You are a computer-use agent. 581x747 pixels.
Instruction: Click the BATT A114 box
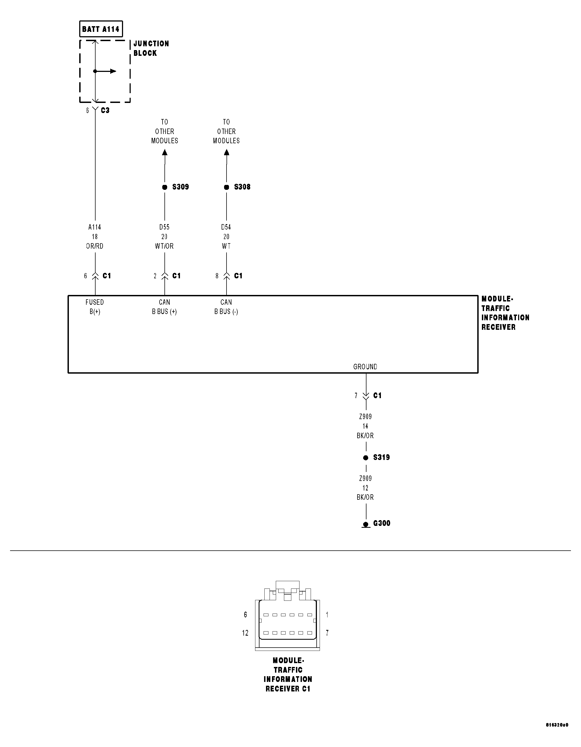pos(101,29)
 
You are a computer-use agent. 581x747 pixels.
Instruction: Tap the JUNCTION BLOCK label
pos(151,48)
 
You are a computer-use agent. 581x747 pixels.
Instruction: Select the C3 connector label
pos(105,111)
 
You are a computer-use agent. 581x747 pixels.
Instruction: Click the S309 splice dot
pos(164,187)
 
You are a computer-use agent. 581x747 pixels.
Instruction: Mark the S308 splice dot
pos(226,187)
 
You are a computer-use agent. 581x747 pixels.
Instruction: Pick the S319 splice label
pos(381,458)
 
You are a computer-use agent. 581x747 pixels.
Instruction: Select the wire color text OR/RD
pos(95,246)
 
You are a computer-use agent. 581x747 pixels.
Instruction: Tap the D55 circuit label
pos(164,227)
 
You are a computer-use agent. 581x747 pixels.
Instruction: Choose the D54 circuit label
pos(226,227)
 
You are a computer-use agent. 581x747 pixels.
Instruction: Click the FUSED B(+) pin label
pos(95,307)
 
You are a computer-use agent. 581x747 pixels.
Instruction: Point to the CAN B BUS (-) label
pos(226,307)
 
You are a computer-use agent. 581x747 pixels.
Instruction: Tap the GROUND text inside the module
pos(365,367)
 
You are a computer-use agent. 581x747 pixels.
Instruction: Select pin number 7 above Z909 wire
pos(356,396)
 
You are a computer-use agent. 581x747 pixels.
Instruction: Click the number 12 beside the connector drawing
pos(245,633)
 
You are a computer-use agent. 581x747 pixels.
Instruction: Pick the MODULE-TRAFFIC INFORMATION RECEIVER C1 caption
pos(288,675)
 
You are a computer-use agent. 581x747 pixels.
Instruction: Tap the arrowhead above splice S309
pos(165,152)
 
